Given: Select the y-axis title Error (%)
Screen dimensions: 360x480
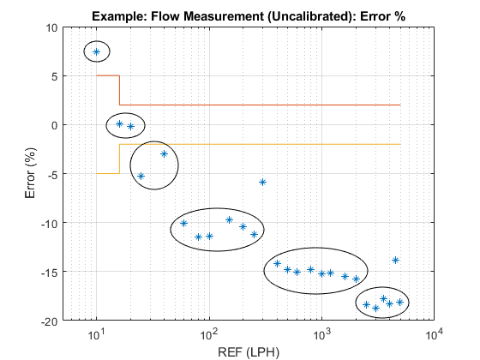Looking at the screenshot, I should tap(31, 174).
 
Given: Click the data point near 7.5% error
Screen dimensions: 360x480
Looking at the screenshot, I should tap(97, 51).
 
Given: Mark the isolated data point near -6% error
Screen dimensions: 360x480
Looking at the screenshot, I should tap(262, 182).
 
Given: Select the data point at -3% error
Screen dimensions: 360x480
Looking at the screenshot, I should tap(164, 153).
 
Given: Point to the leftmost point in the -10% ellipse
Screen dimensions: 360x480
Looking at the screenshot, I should tap(183, 223).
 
